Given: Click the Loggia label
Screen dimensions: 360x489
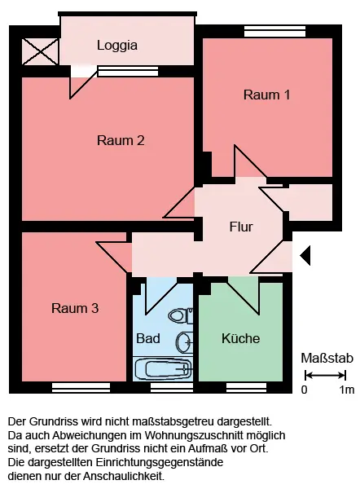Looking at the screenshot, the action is (x=117, y=46).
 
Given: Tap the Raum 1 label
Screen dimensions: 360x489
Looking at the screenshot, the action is (x=267, y=95).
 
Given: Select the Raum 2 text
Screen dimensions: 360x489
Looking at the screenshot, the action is (x=121, y=140).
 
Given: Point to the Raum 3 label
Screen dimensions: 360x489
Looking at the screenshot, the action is (x=75, y=308).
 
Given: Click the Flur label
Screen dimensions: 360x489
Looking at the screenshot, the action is (x=241, y=227).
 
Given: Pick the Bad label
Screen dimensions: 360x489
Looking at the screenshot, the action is (x=148, y=338).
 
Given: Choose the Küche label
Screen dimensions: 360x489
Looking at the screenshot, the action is (x=240, y=338).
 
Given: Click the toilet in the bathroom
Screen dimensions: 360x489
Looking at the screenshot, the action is (x=181, y=315).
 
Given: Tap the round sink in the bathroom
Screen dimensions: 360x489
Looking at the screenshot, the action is (x=185, y=342).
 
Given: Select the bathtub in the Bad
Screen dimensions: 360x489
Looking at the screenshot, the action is (x=163, y=369).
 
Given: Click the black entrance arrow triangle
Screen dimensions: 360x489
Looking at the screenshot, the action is (x=305, y=255).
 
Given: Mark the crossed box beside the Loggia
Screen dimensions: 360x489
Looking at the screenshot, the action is (x=40, y=52).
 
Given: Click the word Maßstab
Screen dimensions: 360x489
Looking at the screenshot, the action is (x=327, y=359).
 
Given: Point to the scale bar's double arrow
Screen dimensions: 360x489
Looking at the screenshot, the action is (x=326, y=375).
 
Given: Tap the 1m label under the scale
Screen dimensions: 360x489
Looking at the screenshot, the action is (x=347, y=390).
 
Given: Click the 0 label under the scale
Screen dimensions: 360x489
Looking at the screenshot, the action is (x=304, y=390).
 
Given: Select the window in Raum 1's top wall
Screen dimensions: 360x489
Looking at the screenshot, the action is (x=274, y=32).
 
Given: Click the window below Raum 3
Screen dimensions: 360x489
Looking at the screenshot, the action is (x=81, y=387).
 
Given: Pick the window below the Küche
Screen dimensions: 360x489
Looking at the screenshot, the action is (x=246, y=387).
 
